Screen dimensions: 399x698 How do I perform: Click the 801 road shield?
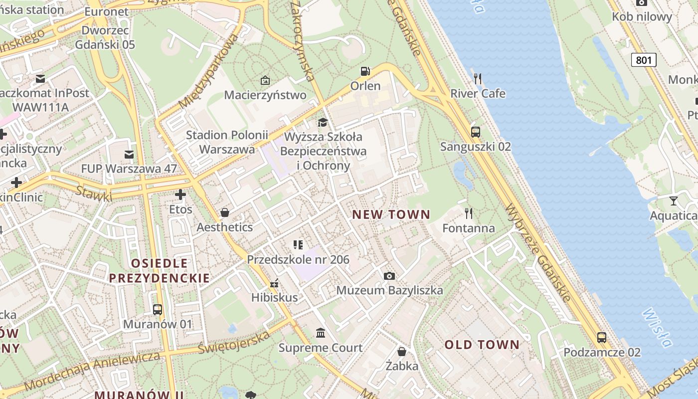point(644,60)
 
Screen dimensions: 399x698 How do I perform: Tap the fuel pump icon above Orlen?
point(365,71)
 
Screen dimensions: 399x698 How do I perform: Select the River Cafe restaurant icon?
point(478,78)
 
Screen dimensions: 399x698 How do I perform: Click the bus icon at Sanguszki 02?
point(476,132)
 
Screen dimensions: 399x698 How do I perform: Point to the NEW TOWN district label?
point(391,215)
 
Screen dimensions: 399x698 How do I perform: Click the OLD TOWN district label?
point(482,345)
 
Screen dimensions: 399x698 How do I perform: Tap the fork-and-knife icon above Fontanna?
point(469,213)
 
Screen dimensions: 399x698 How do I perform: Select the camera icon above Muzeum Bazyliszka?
point(389,276)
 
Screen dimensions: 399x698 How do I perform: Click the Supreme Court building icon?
point(321,333)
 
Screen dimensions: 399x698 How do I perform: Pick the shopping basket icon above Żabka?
point(402,352)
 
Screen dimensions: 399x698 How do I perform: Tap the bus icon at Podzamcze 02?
point(602,338)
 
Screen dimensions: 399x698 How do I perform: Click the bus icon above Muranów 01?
point(158,310)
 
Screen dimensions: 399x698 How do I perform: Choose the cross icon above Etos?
point(180,195)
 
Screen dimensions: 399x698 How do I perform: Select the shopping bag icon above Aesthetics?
point(225,213)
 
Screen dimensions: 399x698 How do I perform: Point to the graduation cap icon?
point(323,122)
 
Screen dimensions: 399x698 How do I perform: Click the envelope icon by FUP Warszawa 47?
point(129,155)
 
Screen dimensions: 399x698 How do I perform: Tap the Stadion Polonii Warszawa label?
point(227,142)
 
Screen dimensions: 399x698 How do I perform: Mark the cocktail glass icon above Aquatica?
point(674,201)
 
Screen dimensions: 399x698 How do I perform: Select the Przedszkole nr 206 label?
point(298,259)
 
